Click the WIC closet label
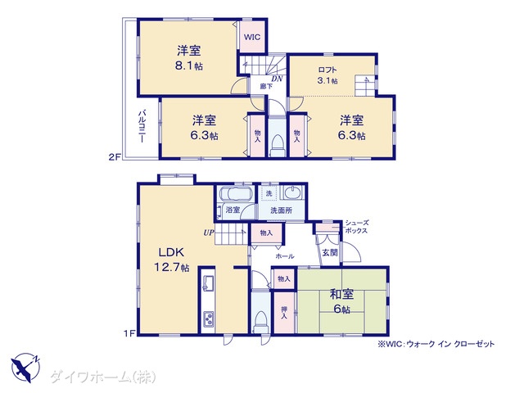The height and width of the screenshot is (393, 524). point(251,37)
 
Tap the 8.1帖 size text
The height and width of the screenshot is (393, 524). point(189,65)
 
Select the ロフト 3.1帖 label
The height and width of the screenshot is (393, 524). point(327,75)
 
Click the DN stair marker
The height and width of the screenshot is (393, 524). point(277,79)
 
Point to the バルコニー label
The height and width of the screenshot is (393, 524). point(142,127)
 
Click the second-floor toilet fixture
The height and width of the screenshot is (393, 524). point(277,147)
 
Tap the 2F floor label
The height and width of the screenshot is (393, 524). point(115,156)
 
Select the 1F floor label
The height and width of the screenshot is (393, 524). point(129,333)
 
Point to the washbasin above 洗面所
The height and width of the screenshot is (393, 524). point(293,193)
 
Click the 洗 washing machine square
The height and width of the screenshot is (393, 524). point(269,193)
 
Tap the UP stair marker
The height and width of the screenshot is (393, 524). point(208,233)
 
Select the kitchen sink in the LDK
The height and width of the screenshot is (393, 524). point(208,283)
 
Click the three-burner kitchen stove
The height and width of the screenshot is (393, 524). point(209,318)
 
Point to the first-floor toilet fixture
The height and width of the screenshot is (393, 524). point(260,322)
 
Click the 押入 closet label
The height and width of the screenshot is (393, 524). point(284,313)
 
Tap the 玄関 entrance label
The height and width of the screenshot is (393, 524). point(330,253)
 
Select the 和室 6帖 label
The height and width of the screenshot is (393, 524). point(341,301)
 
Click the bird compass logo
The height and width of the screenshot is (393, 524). point(25,368)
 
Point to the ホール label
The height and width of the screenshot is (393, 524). point(285,256)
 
